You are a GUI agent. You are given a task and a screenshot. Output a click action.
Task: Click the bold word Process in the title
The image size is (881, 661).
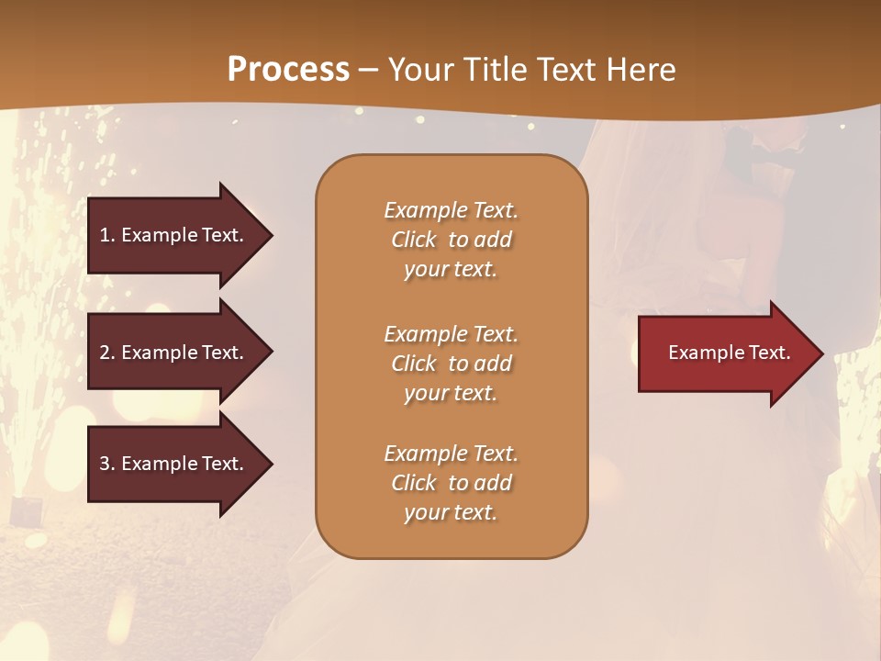point(288,69)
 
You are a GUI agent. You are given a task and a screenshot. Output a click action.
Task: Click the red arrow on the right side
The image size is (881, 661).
point(725,353)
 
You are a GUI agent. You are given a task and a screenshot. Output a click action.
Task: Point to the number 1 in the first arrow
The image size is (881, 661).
point(105,235)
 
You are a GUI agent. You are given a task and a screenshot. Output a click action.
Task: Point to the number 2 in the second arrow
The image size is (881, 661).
point(105,353)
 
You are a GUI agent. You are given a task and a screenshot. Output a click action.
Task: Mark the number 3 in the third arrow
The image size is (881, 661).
point(105,464)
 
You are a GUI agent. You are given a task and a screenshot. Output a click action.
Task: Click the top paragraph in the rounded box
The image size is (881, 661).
point(451,240)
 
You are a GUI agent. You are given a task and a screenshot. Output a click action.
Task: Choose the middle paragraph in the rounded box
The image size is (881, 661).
point(451,364)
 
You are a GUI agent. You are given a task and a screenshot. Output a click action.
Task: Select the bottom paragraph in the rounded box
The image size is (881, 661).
point(451,483)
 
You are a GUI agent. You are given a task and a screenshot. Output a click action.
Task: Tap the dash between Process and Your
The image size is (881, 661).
point(369,70)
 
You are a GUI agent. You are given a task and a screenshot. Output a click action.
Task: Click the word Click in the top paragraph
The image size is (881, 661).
point(414,240)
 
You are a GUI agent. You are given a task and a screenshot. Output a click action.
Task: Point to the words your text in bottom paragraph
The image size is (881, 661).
point(451,512)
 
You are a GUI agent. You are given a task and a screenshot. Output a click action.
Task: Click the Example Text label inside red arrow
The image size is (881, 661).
point(729,353)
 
